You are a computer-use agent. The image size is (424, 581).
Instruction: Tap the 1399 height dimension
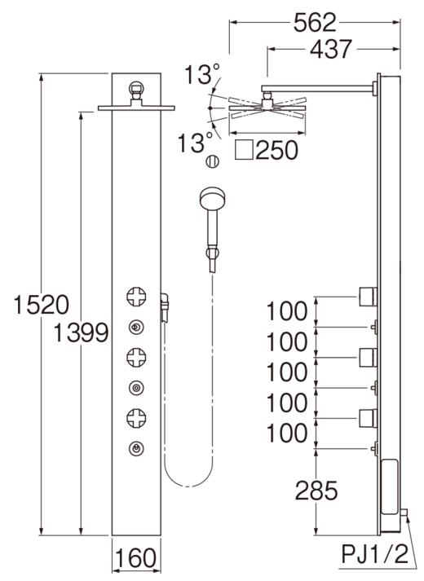pos(79,332)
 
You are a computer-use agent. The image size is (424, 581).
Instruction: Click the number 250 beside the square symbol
pos(276,150)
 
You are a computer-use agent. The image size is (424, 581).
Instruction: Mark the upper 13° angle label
pos(200,76)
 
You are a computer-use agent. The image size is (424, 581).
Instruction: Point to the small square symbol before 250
pos(242,150)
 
